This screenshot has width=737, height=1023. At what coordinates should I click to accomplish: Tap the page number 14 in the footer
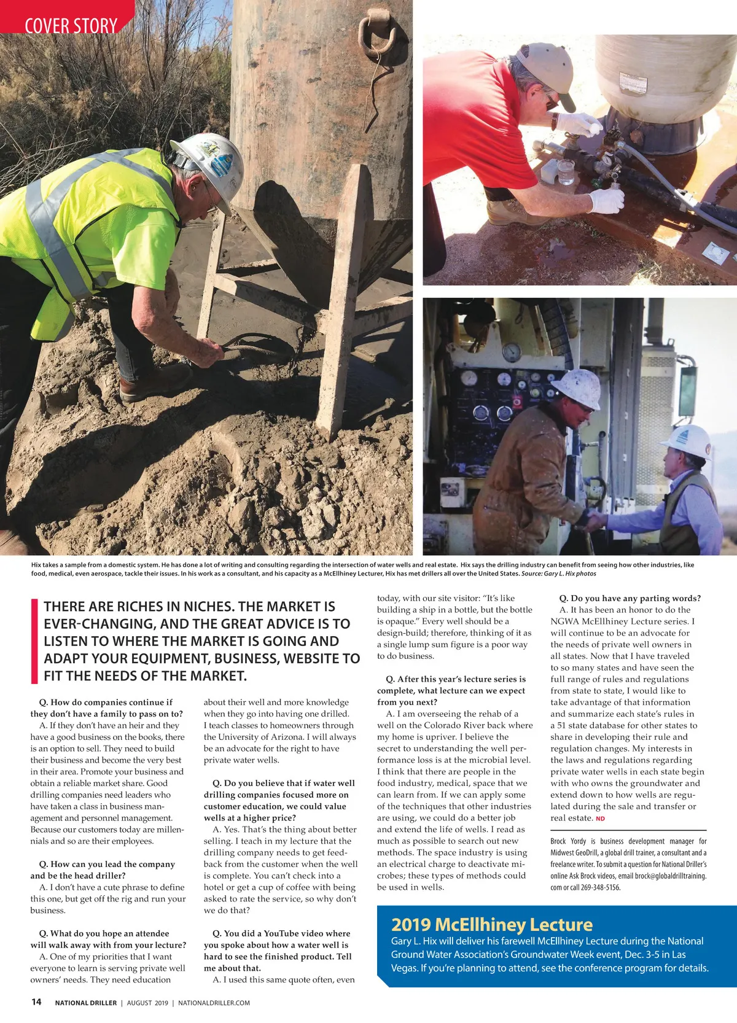[x=36, y=1002]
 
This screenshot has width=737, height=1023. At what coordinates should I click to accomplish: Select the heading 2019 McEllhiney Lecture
[x=491, y=924]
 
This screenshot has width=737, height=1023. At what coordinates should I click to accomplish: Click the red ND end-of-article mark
[x=600, y=819]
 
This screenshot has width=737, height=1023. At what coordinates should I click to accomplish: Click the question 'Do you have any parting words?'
[x=630, y=598]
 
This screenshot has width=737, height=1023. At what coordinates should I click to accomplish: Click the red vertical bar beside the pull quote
[x=34, y=641]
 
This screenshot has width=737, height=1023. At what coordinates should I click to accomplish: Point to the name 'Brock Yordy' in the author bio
[x=568, y=841]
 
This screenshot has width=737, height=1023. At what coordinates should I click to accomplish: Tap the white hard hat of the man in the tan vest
[x=688, y=440]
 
